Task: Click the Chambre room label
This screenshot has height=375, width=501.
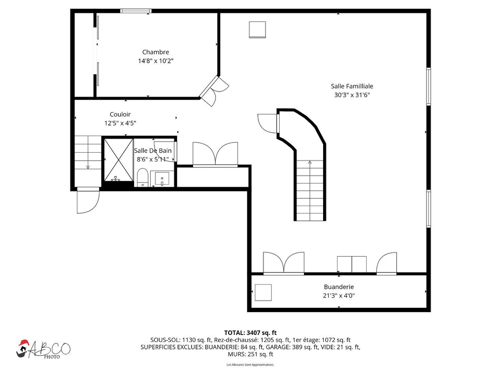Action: [155, 52]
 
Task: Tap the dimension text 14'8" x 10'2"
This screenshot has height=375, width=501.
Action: [155, 61]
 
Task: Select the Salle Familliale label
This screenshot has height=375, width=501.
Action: [352, 86]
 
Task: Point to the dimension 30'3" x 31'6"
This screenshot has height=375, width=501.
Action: [352, 95]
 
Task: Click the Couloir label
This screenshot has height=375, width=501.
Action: [120, 114]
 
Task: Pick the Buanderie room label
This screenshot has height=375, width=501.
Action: [339, 287]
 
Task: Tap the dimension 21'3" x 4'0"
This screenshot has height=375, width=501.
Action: [339, 296]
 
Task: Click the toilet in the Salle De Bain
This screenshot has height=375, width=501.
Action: [142, 178]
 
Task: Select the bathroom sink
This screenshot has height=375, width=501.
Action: [162, 179]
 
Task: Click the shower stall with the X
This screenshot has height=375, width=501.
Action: [118, 160]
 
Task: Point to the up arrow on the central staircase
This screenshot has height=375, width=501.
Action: [310, 162]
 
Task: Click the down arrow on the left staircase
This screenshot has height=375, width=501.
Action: [88, 167]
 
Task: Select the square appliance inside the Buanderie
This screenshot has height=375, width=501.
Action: [263, 292]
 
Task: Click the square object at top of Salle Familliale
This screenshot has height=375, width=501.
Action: [257, 29]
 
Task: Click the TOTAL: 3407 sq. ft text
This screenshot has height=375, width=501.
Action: [250, 333]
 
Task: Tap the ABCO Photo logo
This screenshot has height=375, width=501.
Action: [43, 349]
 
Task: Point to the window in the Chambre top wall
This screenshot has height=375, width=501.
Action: [136, 11]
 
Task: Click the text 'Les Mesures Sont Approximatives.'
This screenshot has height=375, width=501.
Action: [250, 365]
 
